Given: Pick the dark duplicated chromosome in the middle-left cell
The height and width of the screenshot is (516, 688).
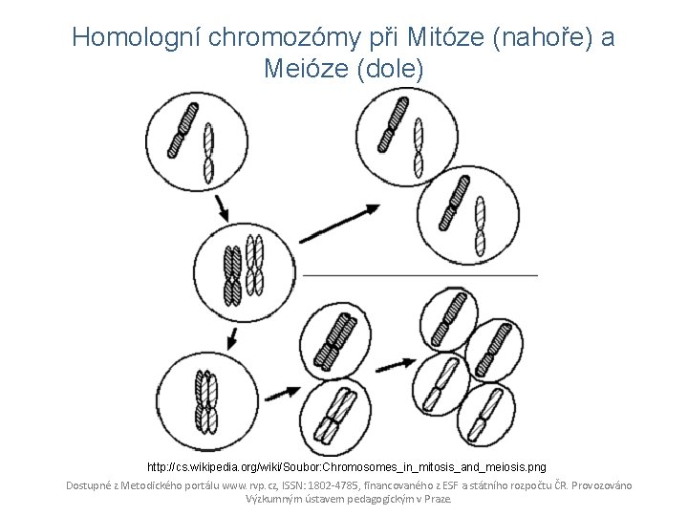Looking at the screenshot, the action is (x=232, y=275).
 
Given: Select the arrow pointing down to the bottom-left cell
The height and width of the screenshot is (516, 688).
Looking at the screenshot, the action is (x=229, y=335).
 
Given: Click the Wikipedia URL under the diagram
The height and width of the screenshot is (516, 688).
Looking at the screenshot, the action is (x=347, y=467).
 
